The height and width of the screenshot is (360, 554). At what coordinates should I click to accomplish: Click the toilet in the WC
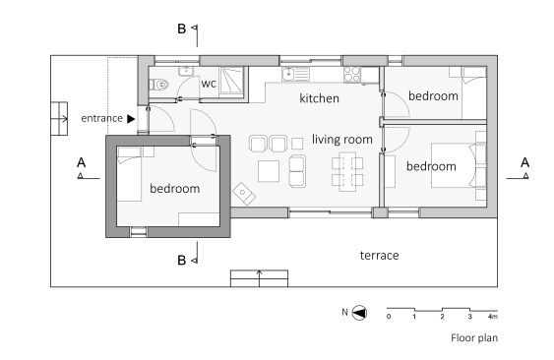[158, 85]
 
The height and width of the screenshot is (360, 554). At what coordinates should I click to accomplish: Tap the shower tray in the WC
[232, 81]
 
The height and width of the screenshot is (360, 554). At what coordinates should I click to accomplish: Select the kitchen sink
[296, 74]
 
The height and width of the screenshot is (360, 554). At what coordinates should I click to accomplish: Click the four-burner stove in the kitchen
[352, 75]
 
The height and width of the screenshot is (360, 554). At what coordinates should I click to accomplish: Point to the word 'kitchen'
[319, 98]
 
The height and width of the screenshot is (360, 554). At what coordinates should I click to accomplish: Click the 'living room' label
[342, 140]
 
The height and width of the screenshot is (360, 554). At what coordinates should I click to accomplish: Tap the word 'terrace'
[380, 255]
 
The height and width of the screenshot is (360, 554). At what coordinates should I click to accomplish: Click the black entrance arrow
[131, 119]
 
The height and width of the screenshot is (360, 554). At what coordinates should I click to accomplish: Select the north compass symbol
[359, 313]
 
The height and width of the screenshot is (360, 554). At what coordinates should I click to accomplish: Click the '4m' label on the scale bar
[493, 316]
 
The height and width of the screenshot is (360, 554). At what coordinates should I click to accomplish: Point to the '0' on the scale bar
[389, 316]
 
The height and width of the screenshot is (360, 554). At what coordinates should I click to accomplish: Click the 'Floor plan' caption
[474, 337]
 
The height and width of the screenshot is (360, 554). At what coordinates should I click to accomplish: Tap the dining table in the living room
[347, 172]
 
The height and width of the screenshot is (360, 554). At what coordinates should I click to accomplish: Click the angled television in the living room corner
[244, 194]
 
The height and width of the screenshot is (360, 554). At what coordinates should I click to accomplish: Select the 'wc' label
[209, 84]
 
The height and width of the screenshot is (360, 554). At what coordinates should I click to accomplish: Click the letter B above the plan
[182, 29]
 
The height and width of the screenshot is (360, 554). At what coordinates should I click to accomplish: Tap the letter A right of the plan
[524, 162]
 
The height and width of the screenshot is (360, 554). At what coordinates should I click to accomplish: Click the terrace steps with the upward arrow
[260, 278]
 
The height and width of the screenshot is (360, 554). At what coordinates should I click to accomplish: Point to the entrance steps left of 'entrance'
[59, 119]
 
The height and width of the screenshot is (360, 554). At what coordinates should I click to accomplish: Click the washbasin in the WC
[186, 72]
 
